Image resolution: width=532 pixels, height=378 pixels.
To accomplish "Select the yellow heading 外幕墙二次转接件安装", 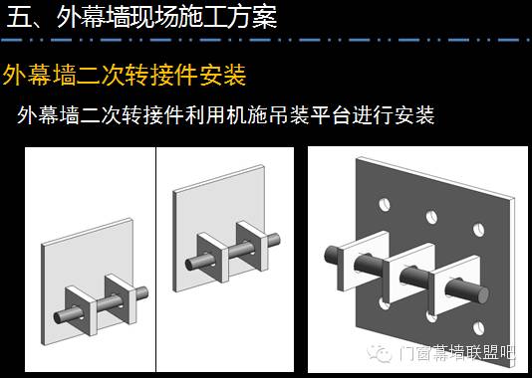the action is point(125,76).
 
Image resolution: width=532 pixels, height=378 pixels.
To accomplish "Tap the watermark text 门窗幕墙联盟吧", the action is point(457,353).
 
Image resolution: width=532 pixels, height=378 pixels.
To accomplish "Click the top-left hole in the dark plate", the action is point(385,205).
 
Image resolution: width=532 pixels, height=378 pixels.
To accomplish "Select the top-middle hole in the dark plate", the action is point(431,217).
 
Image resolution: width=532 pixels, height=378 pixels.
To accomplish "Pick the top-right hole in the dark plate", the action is point(479,230).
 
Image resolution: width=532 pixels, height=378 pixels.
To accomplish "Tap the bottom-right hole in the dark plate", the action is point(479,328).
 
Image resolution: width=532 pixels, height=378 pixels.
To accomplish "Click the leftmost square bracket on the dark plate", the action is point(363,261).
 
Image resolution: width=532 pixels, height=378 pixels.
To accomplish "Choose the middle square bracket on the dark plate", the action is point(409,274).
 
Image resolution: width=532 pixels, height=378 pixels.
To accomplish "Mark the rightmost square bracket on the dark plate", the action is point(455,285).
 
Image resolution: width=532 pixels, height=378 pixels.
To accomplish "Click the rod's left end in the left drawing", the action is point(59,317).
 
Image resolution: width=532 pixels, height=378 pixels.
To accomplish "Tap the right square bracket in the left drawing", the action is point(122,298).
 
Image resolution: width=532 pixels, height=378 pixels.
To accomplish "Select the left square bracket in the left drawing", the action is point(82,310).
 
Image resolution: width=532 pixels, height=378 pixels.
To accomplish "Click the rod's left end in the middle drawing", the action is point(190,265).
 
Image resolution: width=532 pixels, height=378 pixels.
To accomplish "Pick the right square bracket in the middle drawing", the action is point(253,246).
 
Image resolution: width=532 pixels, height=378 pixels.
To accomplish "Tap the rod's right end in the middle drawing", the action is point(277,239).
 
